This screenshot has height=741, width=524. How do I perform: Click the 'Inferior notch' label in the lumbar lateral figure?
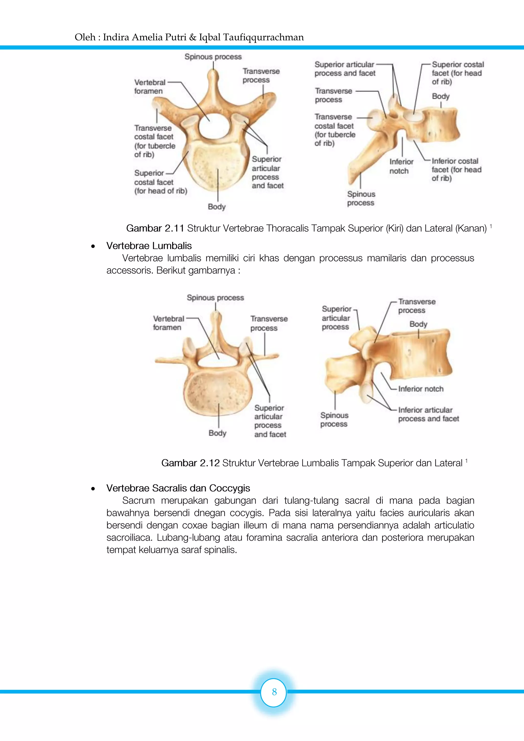tap(421, 389)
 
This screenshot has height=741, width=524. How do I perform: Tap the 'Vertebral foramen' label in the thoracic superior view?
tap(149, 87)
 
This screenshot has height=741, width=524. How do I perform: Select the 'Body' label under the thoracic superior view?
tap(216, 206)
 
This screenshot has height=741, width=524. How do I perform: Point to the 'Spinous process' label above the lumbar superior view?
tap(215, 298)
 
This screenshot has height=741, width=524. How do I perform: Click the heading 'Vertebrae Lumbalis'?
tap(149, 246)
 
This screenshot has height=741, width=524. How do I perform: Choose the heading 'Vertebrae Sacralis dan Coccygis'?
tap(178, 488)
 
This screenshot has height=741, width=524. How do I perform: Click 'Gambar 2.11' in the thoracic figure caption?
tap(155, 228)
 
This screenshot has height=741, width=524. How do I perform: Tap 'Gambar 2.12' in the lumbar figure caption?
tap(190, 463)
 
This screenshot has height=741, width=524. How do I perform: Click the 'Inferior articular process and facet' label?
tap(428, 415)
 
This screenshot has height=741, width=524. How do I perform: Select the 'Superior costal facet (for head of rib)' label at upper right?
tap(457, 73)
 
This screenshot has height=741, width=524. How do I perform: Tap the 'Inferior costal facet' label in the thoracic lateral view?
tap(456, 169)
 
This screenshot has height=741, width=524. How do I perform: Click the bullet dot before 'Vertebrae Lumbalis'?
tap(93, 246)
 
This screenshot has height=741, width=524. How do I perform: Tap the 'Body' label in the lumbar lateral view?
tap(418, 324)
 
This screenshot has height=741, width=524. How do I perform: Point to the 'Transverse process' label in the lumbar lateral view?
tap(417, 306)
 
